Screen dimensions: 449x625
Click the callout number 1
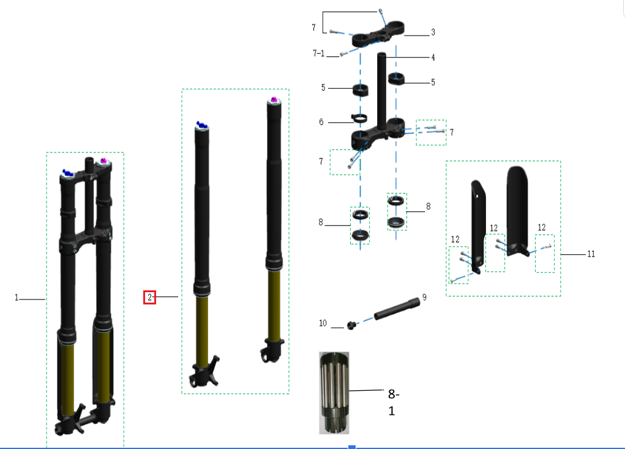17,298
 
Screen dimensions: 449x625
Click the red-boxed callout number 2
150,297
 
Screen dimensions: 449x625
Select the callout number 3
433,32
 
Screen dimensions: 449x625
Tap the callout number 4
433,58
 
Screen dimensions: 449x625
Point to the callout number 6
321,122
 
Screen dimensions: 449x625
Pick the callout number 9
424,296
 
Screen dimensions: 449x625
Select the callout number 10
323,323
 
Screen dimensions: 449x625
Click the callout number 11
591,254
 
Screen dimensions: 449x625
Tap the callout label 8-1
393,401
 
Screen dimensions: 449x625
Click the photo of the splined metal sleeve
334,393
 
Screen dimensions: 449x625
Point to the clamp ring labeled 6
359,118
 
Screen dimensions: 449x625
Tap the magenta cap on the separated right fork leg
274,100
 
